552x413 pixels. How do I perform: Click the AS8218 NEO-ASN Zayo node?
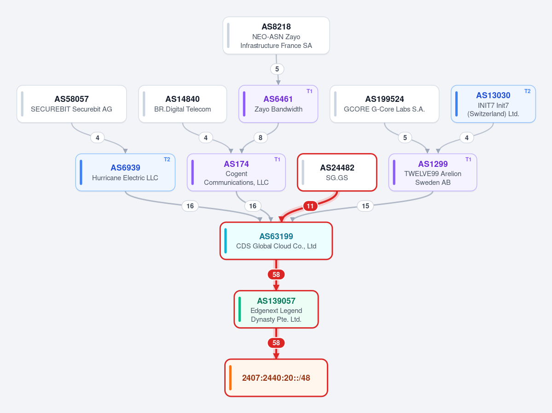pos(276,35)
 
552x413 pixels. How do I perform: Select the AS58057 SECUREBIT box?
pos(71,104)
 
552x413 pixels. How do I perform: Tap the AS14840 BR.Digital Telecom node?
pos(182,104)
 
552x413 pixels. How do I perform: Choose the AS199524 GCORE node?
pos(384,104)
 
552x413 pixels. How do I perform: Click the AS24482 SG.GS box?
pos(337,172)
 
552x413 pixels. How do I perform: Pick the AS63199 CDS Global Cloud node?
pos(276,241)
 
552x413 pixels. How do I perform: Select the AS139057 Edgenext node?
pos(276,309)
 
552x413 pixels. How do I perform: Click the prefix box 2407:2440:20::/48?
pos(276,378)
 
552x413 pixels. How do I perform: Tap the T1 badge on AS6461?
pos(309,91)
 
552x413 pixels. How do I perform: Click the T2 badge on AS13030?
pos(527,91)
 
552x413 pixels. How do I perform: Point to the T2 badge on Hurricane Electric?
pos(167,159)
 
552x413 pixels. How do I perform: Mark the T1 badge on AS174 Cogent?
pos(277,159)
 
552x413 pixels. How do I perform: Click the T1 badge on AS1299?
pos(468,159)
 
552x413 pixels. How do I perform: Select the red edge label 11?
pos(310,206)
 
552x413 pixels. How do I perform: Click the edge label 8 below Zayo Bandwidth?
pos(261,138)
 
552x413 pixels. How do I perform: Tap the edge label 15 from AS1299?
pos(366,206)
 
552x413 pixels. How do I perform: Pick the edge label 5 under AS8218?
pos(277,69)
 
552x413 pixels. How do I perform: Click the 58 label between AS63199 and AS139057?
pos(276,275)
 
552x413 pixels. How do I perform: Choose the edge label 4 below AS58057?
pos(98,138)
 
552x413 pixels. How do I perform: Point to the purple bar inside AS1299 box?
pos(394,172)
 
